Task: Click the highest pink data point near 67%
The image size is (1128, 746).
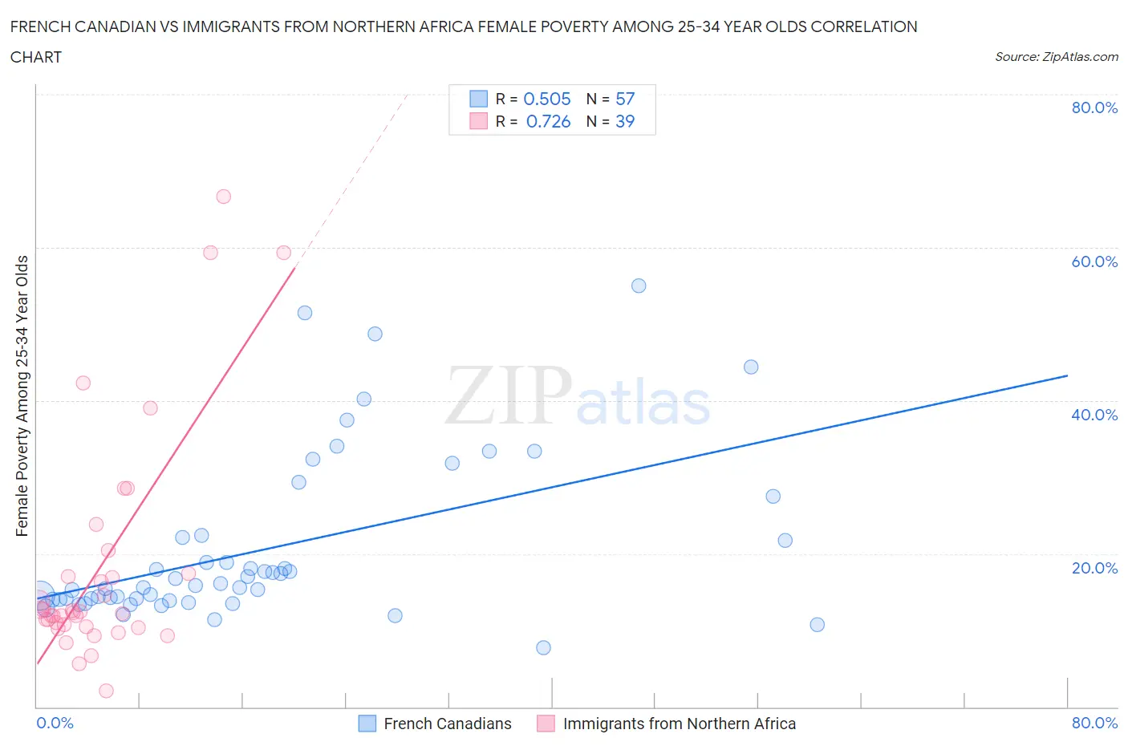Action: coord(224,197)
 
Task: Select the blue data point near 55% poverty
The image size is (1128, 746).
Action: coord(639,286)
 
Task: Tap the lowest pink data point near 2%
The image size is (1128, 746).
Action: coord(106,691)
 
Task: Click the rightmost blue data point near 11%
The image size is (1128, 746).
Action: coord(818,625)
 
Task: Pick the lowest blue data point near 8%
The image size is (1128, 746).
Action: coord(543,647)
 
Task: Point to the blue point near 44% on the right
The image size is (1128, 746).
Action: coord(751,367)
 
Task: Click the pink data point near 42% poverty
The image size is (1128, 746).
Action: coord(83,383)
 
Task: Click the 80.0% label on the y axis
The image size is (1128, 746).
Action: coord(1094,108)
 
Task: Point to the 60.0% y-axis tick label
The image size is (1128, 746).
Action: coord(1094,262)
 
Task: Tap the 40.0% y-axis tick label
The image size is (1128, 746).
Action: coord(1094,415)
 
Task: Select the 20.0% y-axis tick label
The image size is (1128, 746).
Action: coord(1094,568)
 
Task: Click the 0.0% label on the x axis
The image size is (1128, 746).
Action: coord(55,723)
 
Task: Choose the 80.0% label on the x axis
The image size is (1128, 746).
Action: coord(1094,723)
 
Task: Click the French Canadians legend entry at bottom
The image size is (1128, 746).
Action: coord(447,724)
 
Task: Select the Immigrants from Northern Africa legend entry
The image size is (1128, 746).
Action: coord(679,724)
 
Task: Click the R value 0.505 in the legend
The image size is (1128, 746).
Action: coord(547,99)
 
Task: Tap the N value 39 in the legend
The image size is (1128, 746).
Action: coord(625,121)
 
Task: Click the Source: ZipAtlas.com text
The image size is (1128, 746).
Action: coord(1056,56)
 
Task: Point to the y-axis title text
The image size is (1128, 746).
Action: coord(22,395)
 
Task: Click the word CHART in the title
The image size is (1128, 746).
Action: coord(36,57)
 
